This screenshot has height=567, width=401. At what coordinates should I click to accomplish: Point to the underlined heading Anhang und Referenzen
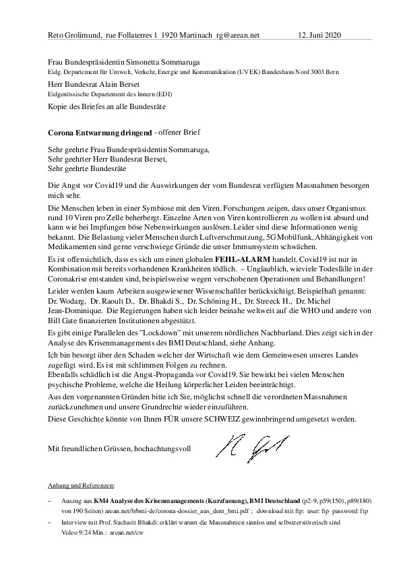82,485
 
